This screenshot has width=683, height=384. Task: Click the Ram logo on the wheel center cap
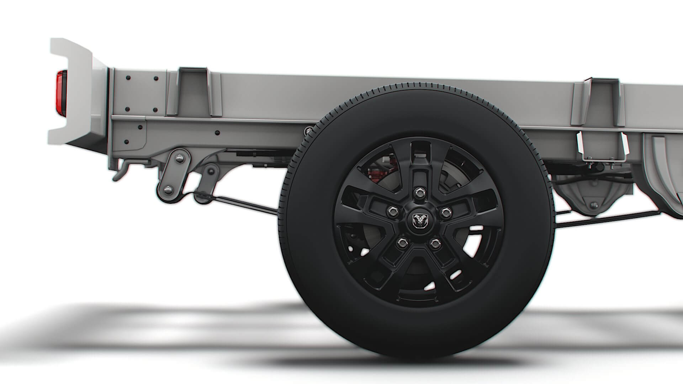coord(418,221)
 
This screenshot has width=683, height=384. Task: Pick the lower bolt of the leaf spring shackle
coord(169,189)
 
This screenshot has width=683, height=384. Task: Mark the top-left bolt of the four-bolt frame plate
coord(128,78)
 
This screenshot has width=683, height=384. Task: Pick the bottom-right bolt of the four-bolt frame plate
coord(155,110)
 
